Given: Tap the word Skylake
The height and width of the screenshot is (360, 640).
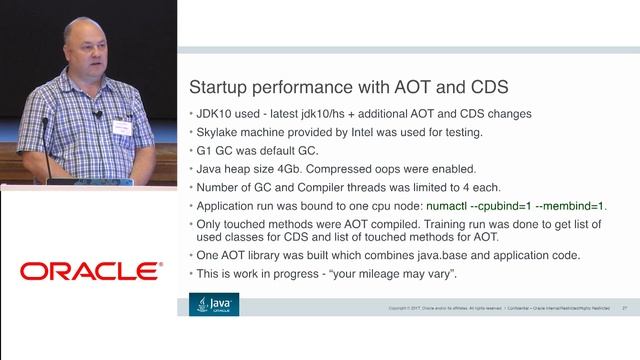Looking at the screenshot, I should coord(220,132).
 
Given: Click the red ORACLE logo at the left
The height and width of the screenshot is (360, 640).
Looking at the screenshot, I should coord(89,270).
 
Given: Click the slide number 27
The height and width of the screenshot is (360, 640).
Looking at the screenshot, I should coord(624,308).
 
